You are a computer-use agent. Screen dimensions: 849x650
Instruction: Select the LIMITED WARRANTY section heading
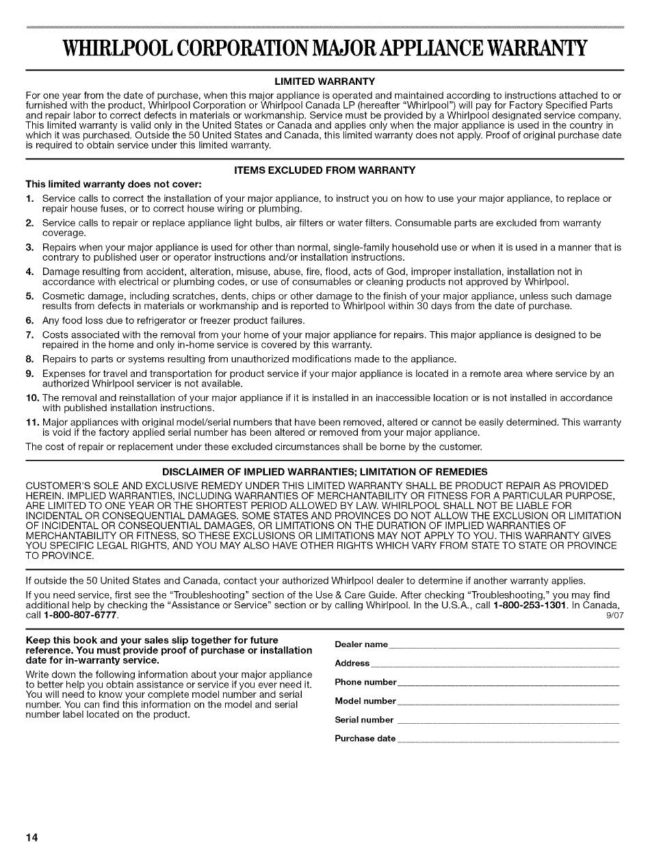(324, 81)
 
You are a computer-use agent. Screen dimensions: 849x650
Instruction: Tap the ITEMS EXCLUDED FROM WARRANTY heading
(324, 170)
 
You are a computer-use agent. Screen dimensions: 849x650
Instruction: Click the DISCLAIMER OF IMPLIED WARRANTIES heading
(324, 471)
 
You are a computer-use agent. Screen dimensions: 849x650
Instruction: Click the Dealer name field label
(361, 644)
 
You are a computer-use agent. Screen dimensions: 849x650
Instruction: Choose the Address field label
(352, 663)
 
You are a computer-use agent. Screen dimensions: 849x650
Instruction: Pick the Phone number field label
(365, 682)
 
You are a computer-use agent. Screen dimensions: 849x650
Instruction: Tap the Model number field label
(365, 701)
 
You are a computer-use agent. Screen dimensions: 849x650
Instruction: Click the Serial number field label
(364, 720)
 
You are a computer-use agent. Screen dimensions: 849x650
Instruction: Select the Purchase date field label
(365, 738)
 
